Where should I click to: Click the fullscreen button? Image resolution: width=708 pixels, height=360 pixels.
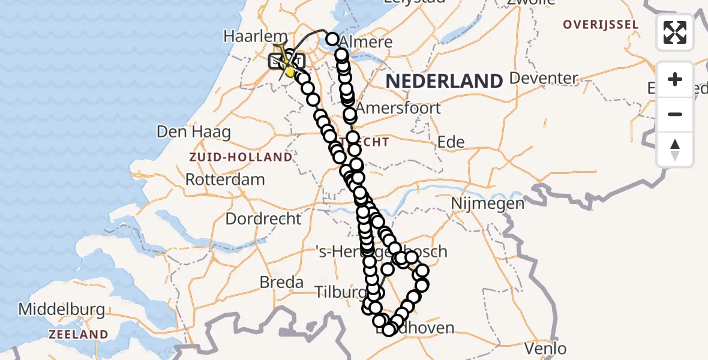[x=675, y=32]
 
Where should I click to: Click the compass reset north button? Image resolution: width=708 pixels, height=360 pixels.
[x=675, y=149]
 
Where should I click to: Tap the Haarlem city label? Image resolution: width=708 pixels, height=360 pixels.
[x=245, y=36]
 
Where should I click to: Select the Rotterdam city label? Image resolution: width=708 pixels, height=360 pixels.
[x=225, y=179]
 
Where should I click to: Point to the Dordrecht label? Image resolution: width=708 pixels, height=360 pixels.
[x=263, y=218]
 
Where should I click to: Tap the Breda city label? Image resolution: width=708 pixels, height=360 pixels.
[x=281, y=281]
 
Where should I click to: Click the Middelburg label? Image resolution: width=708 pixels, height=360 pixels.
[x=62, y=310]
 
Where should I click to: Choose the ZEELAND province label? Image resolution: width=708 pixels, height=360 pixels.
[x=79, y=334]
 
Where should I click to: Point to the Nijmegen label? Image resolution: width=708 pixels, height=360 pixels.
[x=490, y=203]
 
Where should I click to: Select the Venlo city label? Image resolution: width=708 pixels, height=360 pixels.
[x=545, y=348]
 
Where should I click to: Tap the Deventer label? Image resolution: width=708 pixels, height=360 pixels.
[x=543, y=78]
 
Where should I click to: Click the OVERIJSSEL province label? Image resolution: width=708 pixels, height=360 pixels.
[x=602, y=25]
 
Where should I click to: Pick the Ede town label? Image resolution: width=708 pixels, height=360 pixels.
[x=451, y=142]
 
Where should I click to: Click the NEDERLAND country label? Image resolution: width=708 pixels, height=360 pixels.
[x=444, y=81]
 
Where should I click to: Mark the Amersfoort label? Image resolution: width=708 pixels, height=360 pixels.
[x=398, y=109]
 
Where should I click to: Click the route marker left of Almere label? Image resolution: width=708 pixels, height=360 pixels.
[x=332, y=40]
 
